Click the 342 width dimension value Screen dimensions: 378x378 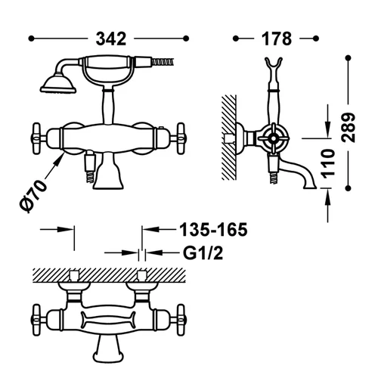[111, 39]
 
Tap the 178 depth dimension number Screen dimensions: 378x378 [277, 39]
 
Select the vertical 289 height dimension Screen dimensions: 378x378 [348, 128]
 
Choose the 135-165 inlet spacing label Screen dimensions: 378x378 [213, 230]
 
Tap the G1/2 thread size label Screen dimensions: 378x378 [203, 253]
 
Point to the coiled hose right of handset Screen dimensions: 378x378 [163, 62]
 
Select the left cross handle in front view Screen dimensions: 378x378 [37, 138]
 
